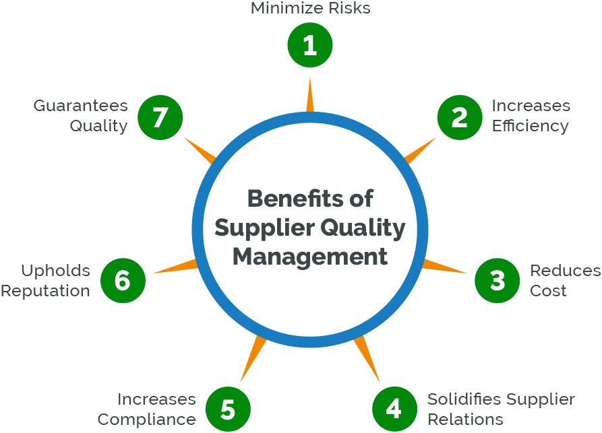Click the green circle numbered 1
pyautogui.click(x=310, y=46)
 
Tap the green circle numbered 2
pyautogui.click(x=460, y=117)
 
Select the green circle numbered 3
pyautogui.click(x=498, y=280)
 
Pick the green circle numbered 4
pyautogui.click(x=395, y=409)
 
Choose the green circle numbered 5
pyautogui.click(x=228, y=409)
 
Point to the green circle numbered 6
pyautogui.click(x=123, y=280)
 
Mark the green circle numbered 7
pyautogui.click(x=160, y=117)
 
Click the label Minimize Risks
pyautogui.click(x=310, y=9)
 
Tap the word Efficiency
pyautogui.click(x=530, y=126)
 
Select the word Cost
pyautogui.click(x=548, y=291)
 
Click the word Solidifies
pyautogui.click(x=464, y=399)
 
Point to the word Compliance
pyautogui.click(x=146, y=419)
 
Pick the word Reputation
pyautogui.click(x=45, y=291)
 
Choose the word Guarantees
pyautogui.click(x=81, y=106)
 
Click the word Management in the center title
pyautogui.click(x=310, y=257)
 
